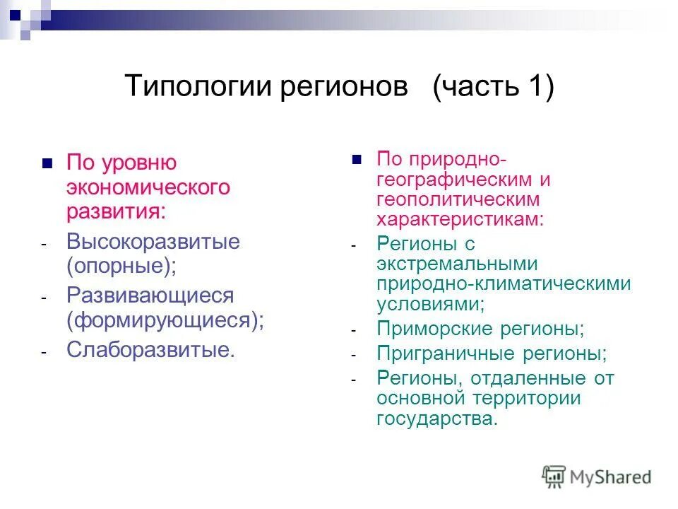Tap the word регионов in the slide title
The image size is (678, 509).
(345, 88)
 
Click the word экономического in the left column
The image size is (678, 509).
(148, 187)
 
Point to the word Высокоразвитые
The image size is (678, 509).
(153, 242)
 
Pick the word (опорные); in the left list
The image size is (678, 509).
(122, 267)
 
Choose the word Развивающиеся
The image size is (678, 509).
(150, 296)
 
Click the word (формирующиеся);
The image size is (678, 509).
(165, 320)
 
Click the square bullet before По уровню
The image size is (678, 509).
(47, 163)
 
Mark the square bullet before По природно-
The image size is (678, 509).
(357, 158)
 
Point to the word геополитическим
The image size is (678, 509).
(458, 199)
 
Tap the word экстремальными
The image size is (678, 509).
(458, 264)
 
